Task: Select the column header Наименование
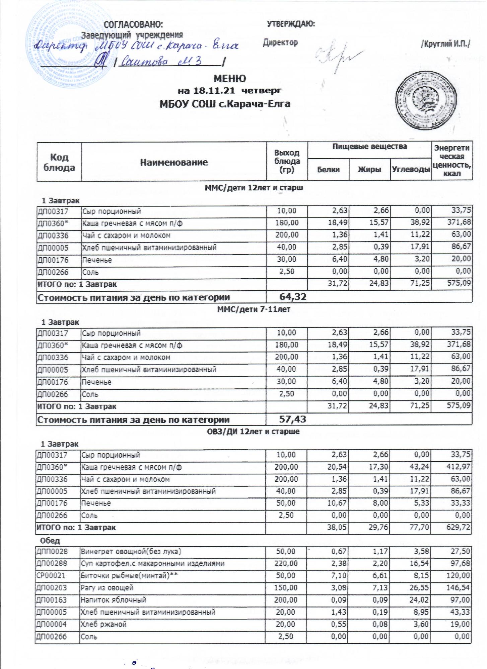174,163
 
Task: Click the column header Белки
328,170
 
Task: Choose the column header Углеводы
411,170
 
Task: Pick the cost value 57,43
292,419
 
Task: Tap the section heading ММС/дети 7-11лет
254,309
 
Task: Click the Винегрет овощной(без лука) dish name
131,551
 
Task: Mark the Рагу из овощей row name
107,588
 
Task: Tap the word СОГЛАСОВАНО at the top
134,24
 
